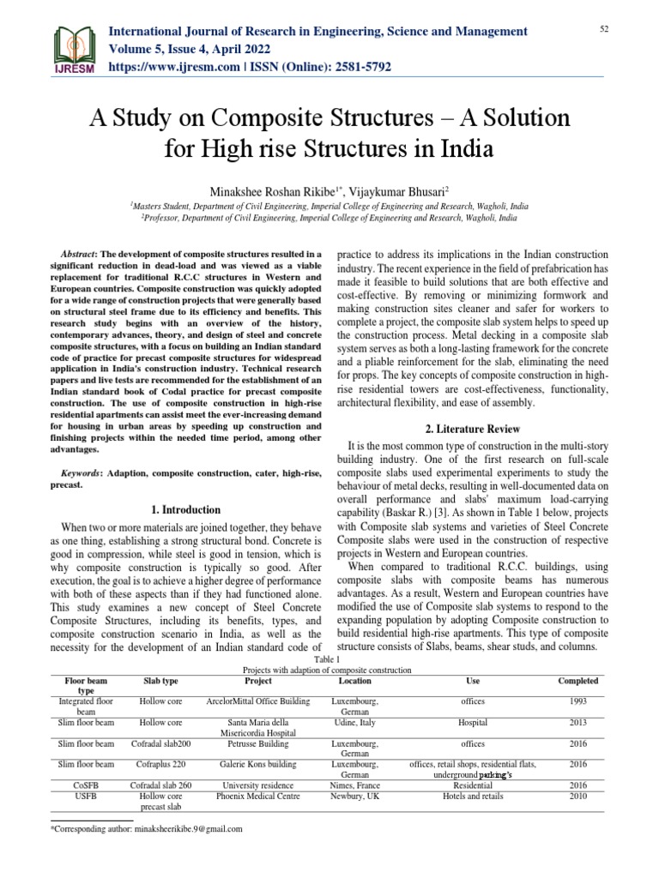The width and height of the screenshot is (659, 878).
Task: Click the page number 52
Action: click(x=603, y=30)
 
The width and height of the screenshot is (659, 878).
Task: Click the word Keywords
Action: click(x=80, y=472)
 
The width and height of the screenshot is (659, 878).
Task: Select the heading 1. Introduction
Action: click(x=186, y=509)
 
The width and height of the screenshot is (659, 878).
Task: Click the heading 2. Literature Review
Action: click(x=474, y=428)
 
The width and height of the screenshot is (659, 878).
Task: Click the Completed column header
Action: click(x=577, y=681)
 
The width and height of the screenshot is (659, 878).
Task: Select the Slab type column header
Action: click(x=160, y=681)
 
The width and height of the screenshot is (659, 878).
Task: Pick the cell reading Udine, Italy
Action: click(x=355, y=723)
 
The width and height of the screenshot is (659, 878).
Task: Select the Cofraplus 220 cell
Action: click(x=160, y=764)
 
